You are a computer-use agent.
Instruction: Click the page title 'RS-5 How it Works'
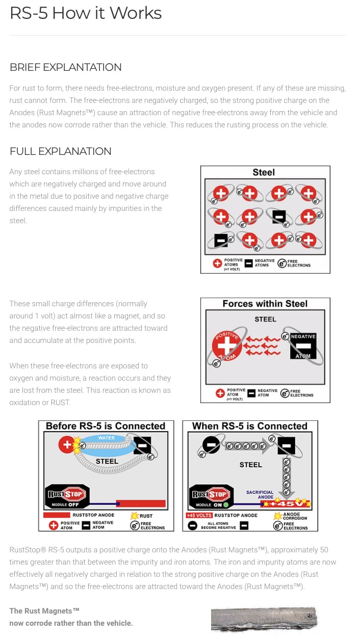click(86, 13)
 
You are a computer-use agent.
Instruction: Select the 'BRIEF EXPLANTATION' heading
click(65, 67)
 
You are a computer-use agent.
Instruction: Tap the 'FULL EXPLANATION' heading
click(60, 151)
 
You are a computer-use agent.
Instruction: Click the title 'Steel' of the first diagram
click(264, 172)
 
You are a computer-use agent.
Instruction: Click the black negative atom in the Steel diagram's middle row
click(278, 217)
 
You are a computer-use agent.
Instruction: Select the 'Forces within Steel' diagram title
click(265, 304)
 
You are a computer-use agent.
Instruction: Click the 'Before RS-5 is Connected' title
click(106, 426)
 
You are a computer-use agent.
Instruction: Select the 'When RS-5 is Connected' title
click(250, 426)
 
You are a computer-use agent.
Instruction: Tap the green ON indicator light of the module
click(225, 505)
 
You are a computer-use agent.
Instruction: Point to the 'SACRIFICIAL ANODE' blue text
click(260, 495)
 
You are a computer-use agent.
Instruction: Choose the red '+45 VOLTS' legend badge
click(199, 515)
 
